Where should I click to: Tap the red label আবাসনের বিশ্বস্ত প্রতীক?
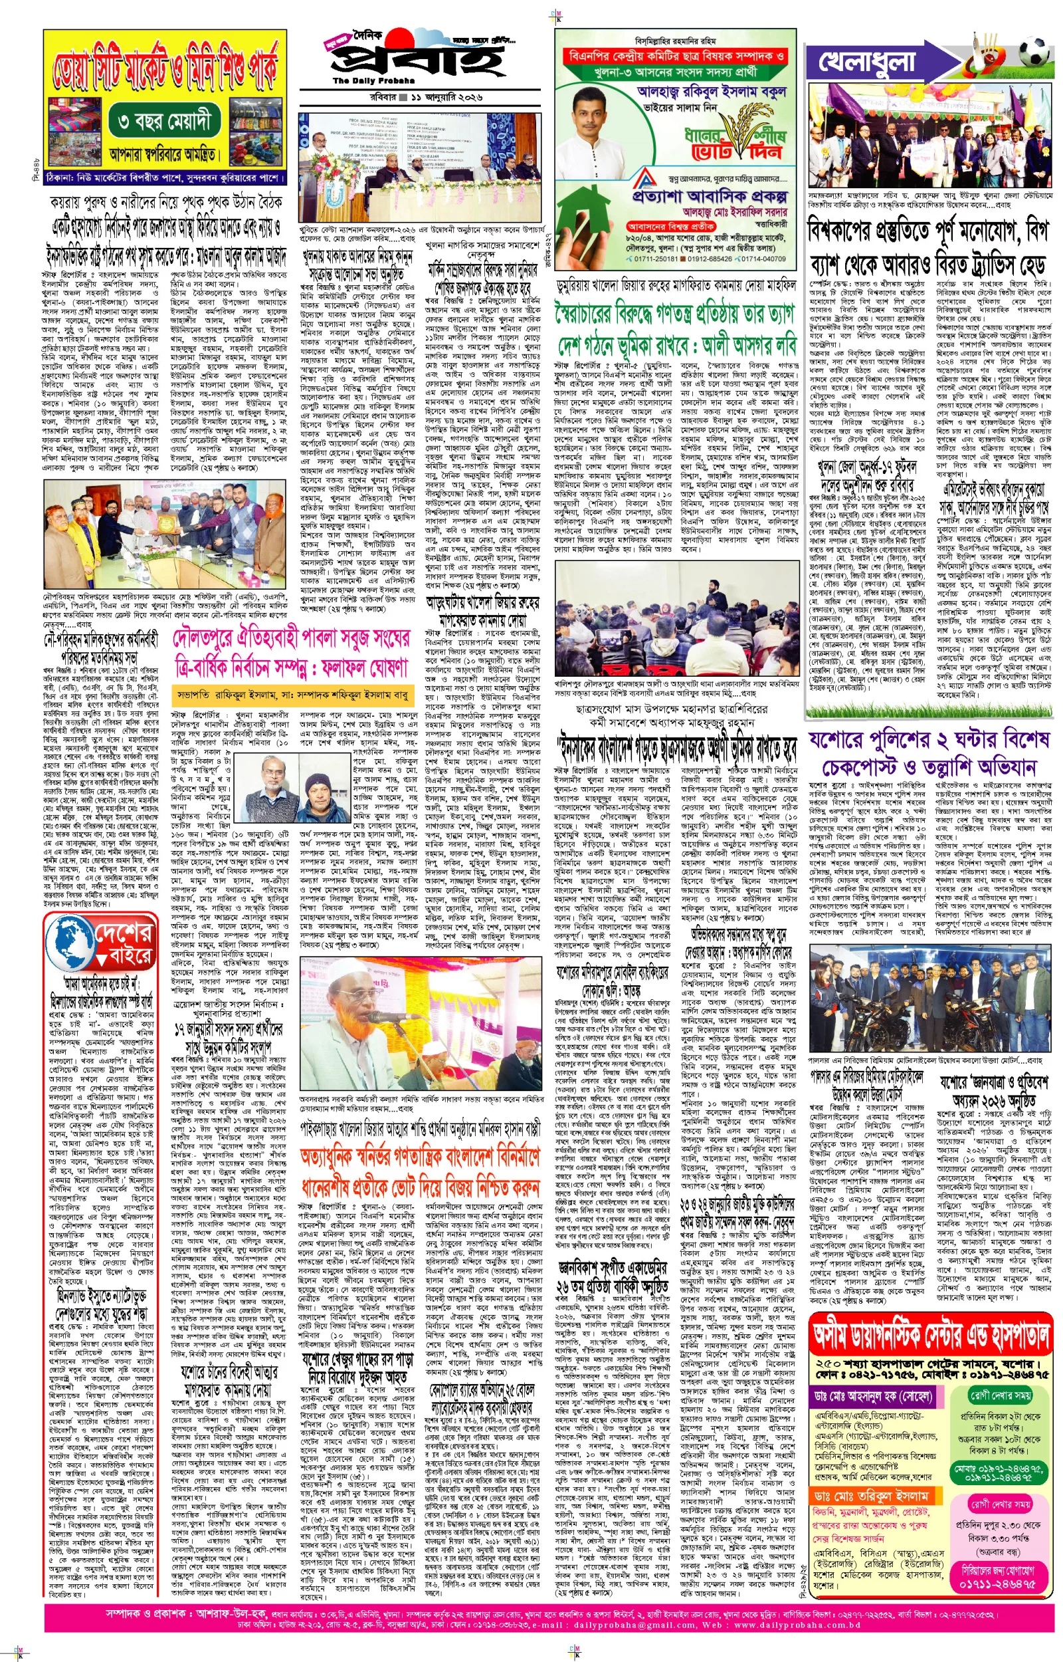660,226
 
